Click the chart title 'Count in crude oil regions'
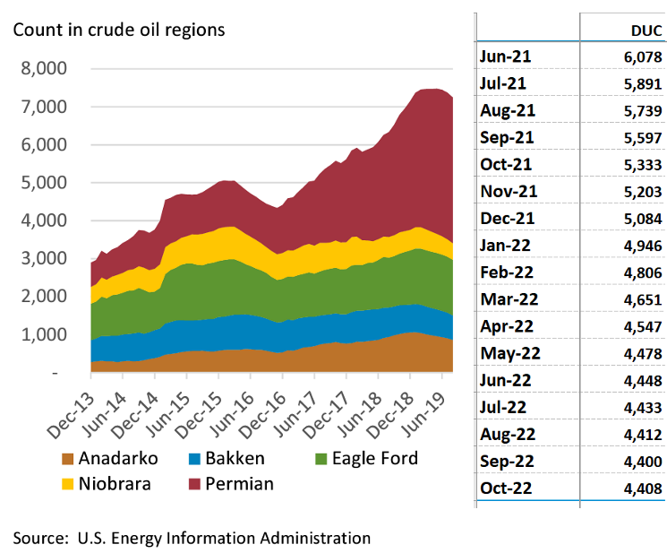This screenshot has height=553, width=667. point(119,30)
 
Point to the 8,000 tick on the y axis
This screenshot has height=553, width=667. point(44,68)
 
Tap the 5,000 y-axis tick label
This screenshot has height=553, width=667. point(44,183)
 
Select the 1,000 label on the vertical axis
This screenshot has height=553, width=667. point(44,334)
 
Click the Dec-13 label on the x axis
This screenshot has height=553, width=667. point(72,416)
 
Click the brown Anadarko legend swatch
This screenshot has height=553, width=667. point(68,459)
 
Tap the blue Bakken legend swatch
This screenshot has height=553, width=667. point(194,459)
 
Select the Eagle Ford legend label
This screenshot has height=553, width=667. point(375,459)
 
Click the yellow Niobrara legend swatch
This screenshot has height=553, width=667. point(68,485)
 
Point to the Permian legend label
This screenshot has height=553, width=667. point(239,484)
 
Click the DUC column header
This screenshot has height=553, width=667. point(646,30)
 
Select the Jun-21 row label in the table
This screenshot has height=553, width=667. point(505,56)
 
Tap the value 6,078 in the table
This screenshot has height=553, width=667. point(643,57)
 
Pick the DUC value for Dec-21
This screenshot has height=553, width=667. point(643,219)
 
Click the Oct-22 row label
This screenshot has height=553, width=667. point(506,488)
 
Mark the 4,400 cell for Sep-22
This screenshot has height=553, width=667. point(643,462)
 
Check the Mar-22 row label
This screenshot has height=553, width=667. point(509,299)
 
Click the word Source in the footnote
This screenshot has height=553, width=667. point(41,538)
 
